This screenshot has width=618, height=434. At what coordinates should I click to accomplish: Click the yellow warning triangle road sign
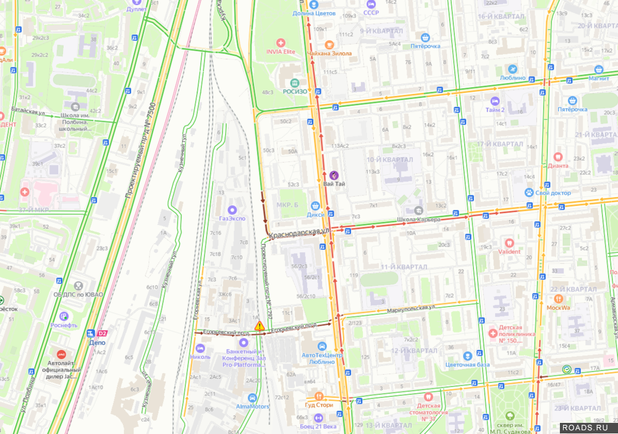tap(260, 325)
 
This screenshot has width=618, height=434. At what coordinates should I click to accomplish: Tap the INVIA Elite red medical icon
tap(281, 43)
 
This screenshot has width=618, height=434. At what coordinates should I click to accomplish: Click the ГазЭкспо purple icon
tap(232, 210)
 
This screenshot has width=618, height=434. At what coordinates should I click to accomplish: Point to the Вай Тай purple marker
tap(334, 175)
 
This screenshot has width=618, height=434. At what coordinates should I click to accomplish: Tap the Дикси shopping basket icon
tap(315, 205)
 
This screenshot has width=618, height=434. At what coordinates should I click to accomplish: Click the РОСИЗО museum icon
tap(295, 83)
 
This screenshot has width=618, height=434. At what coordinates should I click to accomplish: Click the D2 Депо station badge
tap(102, 333)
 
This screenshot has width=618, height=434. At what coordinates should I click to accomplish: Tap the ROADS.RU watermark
tap(588, 427)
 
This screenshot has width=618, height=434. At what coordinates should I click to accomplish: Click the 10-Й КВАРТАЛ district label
tap(389, 160)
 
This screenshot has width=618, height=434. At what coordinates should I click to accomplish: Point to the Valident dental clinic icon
tap(509, 243)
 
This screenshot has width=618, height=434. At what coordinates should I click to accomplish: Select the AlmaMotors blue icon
tap(252, 398)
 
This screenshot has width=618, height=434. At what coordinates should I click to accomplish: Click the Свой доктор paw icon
tap(530, 192)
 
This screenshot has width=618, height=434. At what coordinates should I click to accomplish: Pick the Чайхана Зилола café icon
tap(329, 44)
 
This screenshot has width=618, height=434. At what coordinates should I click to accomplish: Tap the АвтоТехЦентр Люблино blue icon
tap(321, 346)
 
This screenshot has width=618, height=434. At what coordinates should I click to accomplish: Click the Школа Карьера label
tap(418, 219)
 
